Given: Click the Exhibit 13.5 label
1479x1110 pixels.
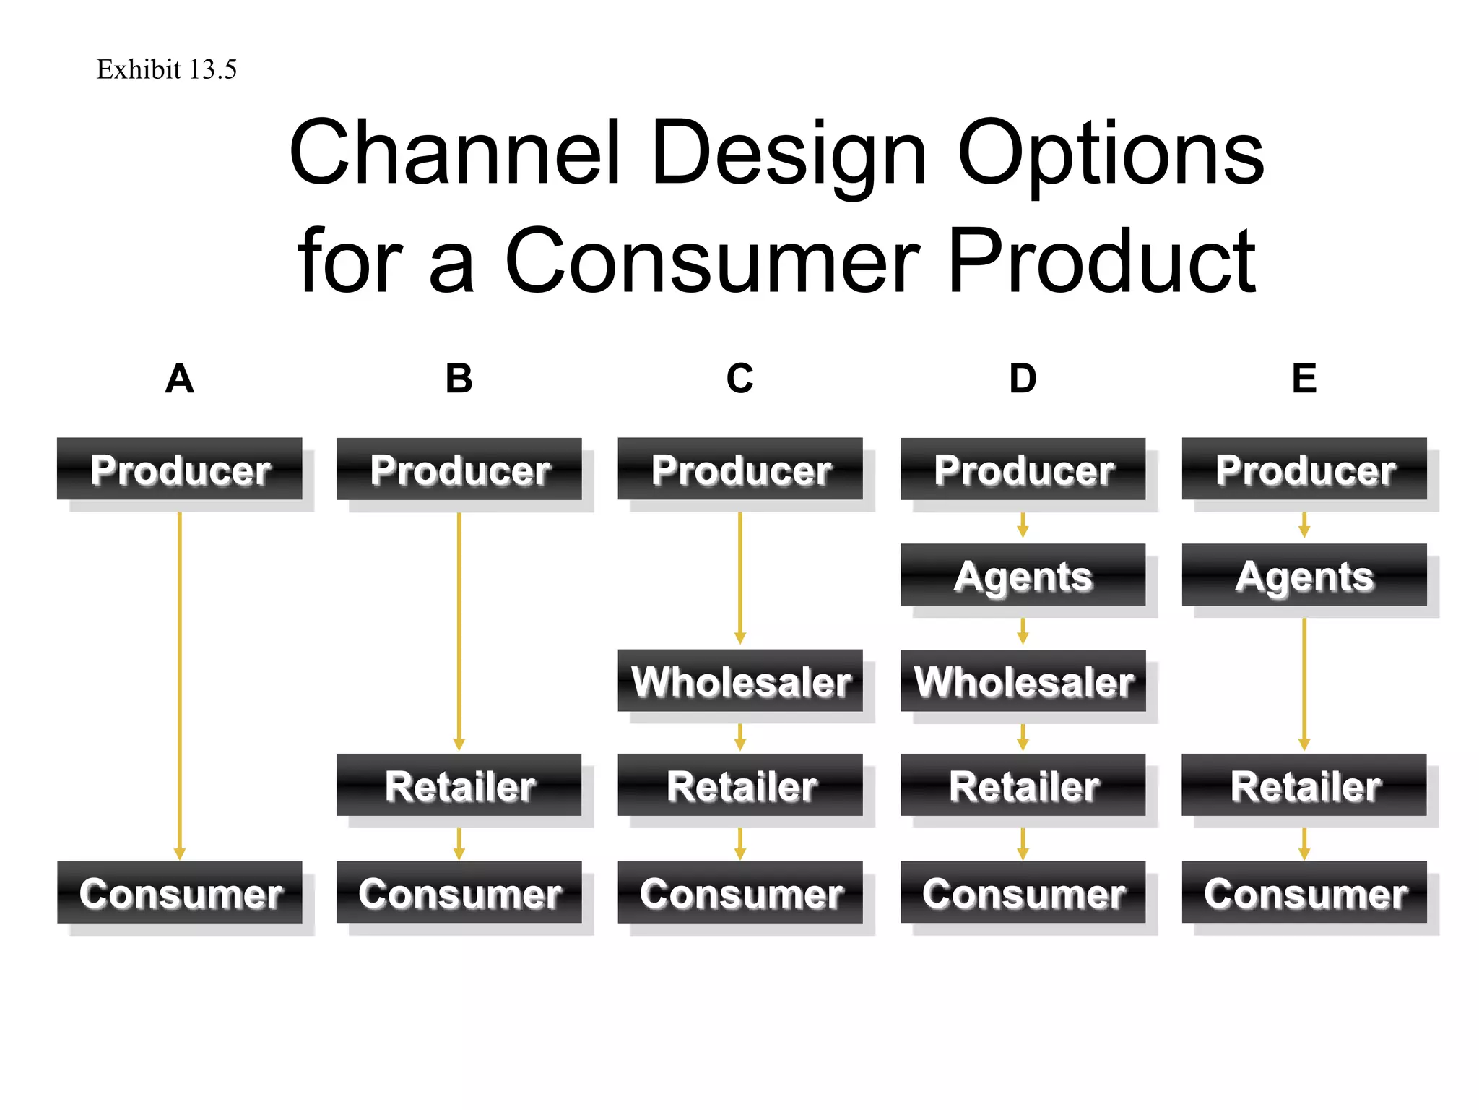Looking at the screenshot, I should (167, 69).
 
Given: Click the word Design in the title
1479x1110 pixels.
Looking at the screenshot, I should (788, 153).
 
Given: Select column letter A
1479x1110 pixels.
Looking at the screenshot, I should (180, 379).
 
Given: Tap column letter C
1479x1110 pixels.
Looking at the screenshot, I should (740, 379).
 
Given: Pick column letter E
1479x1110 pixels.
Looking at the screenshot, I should (1304, 379).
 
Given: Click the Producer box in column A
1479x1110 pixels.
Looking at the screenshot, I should (180, 469).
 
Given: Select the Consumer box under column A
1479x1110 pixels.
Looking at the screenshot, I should (180, 892).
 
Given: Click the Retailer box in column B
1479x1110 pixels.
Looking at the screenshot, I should (459, 786).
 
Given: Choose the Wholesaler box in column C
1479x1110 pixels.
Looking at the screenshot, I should (740, 681).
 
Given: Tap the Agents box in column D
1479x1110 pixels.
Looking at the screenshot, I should (1023, 575).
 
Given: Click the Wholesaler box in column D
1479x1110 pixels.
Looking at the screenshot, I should (1023, 681).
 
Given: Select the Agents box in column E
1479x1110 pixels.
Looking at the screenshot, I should (1304, 575).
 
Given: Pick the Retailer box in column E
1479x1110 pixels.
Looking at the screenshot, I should (1304, 786).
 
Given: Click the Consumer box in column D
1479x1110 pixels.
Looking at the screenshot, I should (1023, 892).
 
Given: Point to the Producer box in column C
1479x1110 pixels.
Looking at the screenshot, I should (740, 469).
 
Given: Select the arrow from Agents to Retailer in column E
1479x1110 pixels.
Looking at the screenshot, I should (1304, 683).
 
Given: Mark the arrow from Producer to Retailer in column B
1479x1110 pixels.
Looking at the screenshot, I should (459, 629).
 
